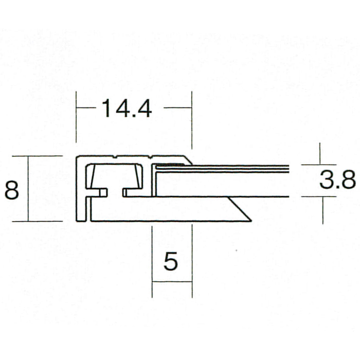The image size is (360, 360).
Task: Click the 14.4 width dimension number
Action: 127,109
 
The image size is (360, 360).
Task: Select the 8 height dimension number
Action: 12,190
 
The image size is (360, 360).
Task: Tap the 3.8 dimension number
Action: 338,180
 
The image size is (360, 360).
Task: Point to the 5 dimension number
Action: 171,261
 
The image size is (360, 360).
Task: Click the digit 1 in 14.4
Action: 106,109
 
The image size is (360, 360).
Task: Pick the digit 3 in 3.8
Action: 326,180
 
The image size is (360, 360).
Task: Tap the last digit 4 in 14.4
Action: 144,109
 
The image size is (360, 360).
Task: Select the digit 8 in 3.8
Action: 349,180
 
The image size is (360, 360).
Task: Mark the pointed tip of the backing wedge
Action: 251,221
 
